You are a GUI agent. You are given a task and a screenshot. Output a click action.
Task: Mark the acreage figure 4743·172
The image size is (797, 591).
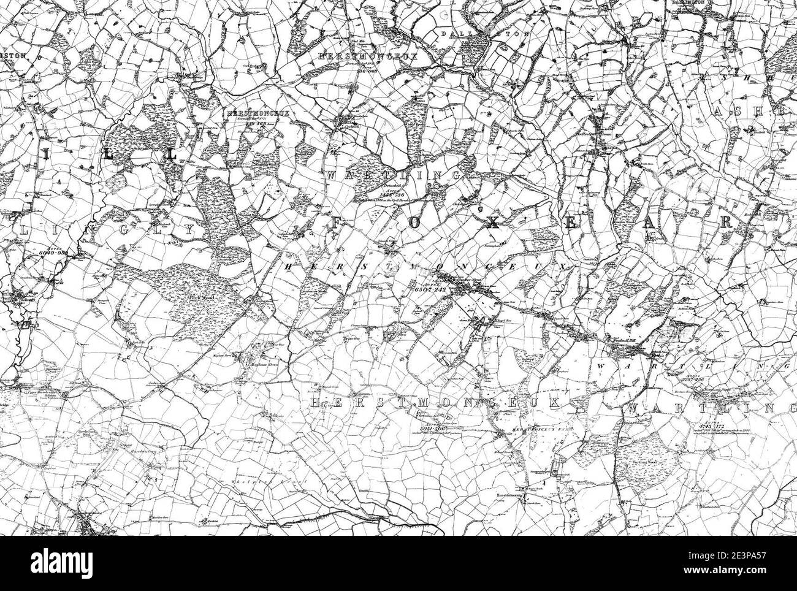pos(707,425)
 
